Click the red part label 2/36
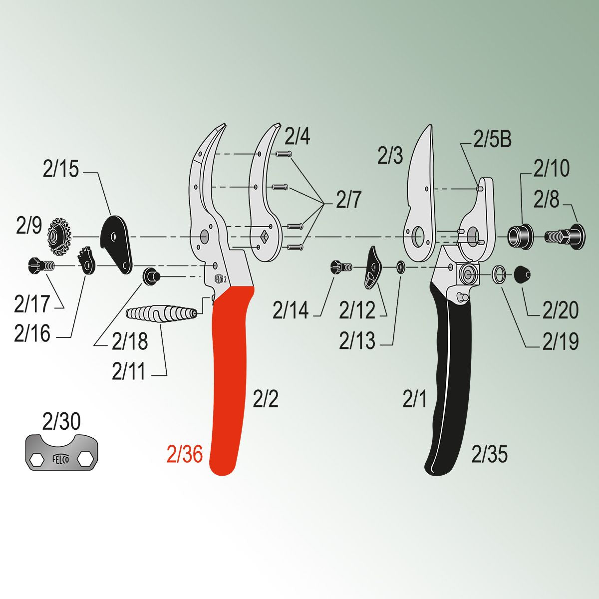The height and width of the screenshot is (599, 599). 185,454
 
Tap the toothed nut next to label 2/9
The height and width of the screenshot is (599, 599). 59,236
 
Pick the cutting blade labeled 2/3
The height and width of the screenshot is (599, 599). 420,193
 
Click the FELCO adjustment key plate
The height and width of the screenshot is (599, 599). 61,452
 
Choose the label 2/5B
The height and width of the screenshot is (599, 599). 492,140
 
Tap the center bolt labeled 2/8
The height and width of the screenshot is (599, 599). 565,237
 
